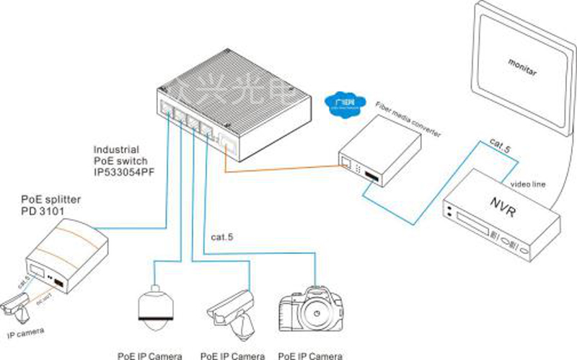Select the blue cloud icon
click(341, 100)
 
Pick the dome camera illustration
click(154, 307)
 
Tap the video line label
click(530, 184)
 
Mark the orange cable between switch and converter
click(281, 169)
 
